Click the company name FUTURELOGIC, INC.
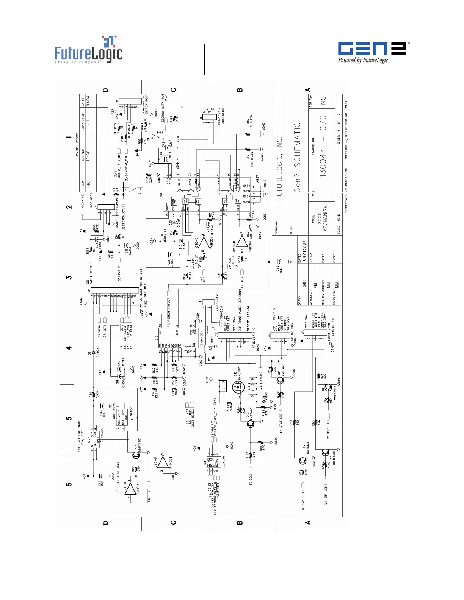279,169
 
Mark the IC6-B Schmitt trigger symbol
131,489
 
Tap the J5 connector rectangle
209,117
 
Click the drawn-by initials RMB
304,285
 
